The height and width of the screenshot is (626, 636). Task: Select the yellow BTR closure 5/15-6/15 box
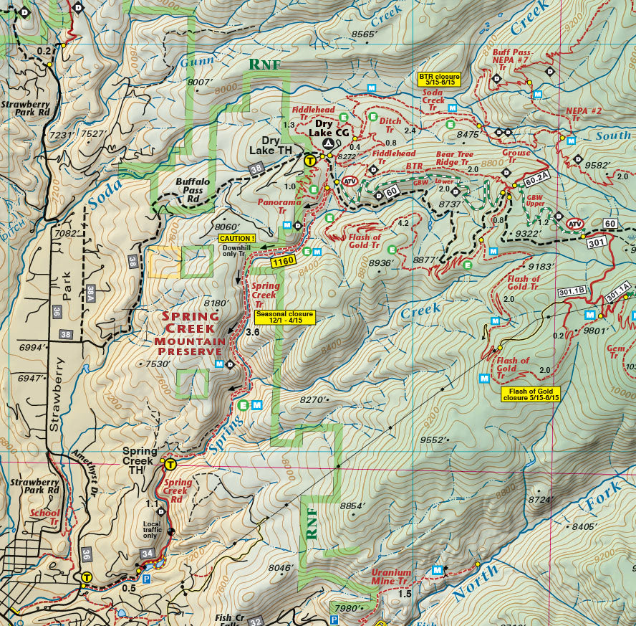coord(439,79)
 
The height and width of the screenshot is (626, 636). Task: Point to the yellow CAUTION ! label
coord(237,238)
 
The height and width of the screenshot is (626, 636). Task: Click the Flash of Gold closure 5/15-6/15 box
coord(531,394)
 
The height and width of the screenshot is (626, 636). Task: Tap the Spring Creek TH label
coord(139,456)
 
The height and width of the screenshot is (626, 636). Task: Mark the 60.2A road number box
coord(535,177)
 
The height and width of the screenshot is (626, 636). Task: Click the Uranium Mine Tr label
coord(391,577)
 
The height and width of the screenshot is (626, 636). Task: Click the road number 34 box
coord(148,553)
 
